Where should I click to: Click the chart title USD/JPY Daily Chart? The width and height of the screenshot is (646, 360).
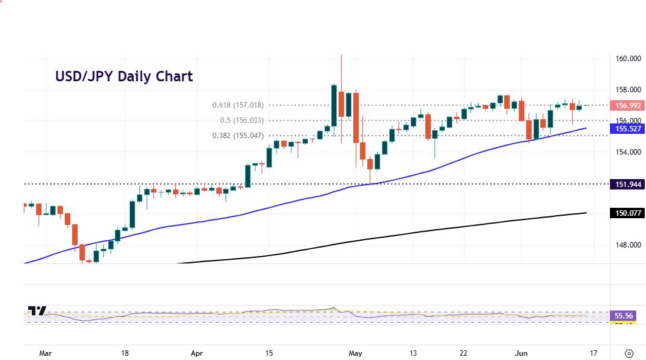(124, 76)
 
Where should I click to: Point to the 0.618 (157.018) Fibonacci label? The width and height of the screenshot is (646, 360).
(238, 105)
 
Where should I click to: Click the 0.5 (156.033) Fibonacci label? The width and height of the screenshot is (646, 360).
(243, 120)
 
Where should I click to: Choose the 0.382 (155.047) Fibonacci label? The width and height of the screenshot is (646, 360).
(238, 136)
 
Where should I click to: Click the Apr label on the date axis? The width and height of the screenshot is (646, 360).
(196, 353)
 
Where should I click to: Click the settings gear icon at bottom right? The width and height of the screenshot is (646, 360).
(629, 353)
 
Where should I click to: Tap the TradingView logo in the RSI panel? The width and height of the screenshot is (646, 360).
(37, 311)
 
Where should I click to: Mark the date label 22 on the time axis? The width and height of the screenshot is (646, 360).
(463, 353)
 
